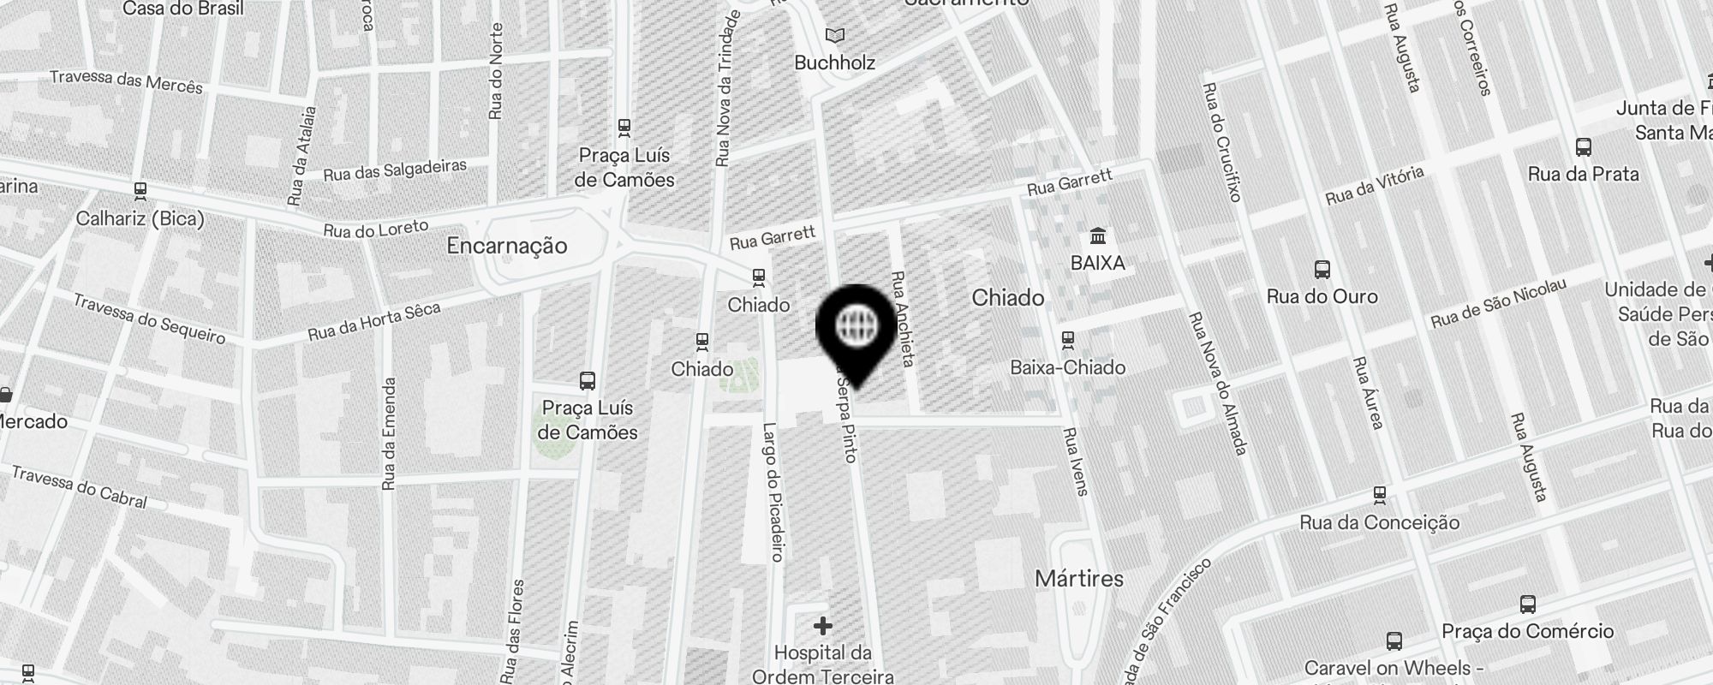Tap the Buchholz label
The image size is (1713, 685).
834,63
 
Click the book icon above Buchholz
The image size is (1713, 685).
834,36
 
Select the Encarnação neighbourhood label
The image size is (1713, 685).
507,246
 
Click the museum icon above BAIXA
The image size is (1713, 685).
1097,235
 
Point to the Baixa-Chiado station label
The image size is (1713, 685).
1067,367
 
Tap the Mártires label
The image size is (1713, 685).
1078,579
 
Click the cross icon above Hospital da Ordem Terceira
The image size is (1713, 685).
822,626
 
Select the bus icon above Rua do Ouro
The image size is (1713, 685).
1322,271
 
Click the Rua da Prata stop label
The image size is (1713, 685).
1583,174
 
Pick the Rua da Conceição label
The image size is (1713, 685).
1379,522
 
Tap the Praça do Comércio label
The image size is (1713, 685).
1527,632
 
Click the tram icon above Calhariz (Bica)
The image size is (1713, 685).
140,190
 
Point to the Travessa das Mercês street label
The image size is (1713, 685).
127,81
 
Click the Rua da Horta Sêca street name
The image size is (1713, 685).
373,321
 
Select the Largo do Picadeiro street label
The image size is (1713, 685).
773,492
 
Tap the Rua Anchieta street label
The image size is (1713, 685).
903,319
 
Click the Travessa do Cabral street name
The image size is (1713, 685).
80,486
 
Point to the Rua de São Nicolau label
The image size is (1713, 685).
1498,303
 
